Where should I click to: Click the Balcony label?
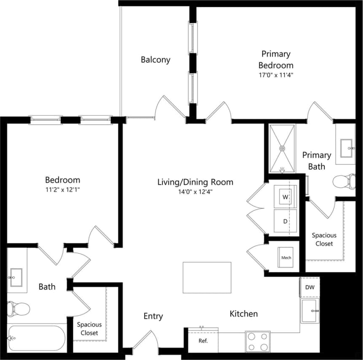pos(156,60)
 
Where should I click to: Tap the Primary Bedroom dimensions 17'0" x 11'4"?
pos(276,75)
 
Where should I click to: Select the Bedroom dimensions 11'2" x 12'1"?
pos(62,190)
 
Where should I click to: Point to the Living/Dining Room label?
pos(195,182)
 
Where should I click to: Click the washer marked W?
pos(285,197)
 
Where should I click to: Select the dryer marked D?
pos(285,221)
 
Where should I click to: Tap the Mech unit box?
pos(286,258)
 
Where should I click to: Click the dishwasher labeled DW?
pos(310,287)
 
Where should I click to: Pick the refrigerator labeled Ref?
pos(203,340)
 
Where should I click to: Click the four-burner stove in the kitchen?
pos(258,341)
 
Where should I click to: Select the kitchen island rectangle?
pos(207,277)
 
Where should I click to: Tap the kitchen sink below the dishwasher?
pos(310,311)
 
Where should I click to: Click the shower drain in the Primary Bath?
pos(282,148)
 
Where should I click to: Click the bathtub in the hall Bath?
pos(36,338)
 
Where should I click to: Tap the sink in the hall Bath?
pos(17,278)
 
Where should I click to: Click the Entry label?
pos(153,316)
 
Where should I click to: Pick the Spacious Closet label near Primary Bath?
pos(324,240)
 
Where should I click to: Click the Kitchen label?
pos(244,314)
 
